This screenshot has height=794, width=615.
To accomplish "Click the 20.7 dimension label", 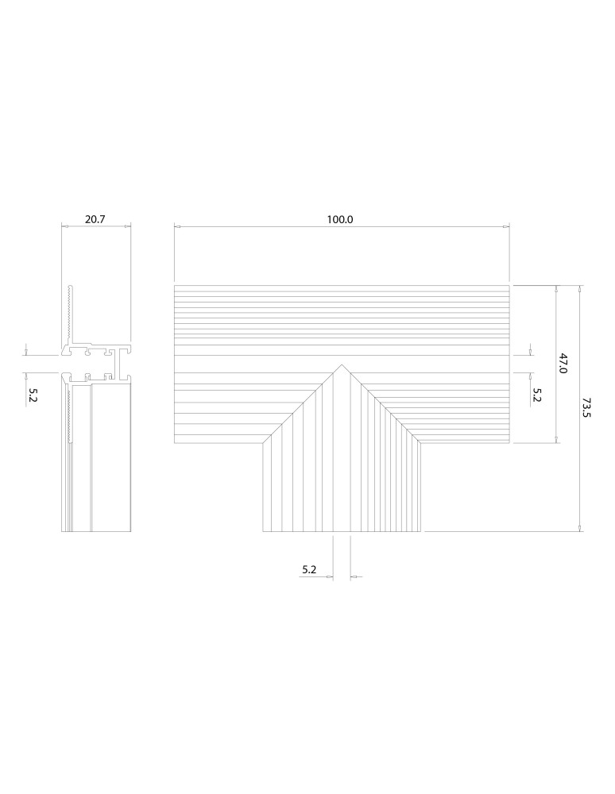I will [95, 219].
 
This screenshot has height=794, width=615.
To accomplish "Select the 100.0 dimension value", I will [339, 219].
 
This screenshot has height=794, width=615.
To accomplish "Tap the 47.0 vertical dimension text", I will [563, 364].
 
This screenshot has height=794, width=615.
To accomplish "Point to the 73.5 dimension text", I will [587, 408].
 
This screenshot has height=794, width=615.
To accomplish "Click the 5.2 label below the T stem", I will [309, 569].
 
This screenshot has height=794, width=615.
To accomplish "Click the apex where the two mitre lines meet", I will [342, 364].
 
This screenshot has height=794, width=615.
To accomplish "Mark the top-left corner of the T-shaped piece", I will [174, 285].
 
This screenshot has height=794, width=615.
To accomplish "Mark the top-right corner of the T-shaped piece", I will [509, 285].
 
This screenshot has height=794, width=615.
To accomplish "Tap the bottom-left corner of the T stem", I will [263, 531].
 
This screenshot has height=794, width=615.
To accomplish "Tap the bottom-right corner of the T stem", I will [421, 531].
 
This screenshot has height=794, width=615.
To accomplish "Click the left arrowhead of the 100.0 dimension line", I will [177, 227].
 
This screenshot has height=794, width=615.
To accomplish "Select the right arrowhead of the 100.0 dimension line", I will [507, 227].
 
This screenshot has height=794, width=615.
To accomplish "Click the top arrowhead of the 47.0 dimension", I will [556, 288].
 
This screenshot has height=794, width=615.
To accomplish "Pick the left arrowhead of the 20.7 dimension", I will [64, 227].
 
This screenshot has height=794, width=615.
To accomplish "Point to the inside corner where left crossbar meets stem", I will [263, 442].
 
